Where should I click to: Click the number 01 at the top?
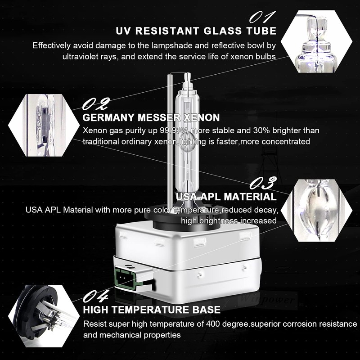point(263,17)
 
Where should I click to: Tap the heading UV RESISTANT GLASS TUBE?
point(196,31)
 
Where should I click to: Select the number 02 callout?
point(95,105)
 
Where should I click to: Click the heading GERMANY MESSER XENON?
point(151,118)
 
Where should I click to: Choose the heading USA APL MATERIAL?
point(226,197)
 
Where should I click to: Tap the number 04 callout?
point(96,297)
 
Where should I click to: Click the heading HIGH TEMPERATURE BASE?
point(152,310)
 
